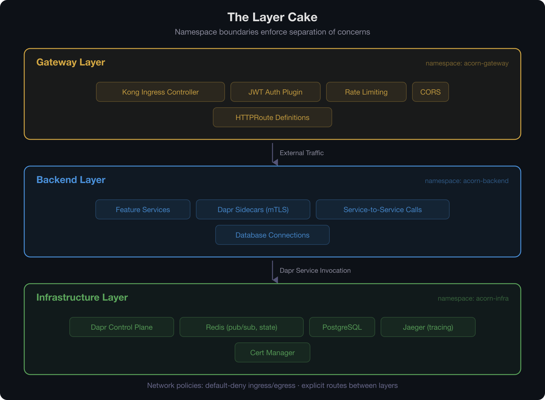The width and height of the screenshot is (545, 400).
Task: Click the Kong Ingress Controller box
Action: [x=160, y=92]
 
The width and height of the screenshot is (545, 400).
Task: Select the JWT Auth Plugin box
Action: [x=275, y=92]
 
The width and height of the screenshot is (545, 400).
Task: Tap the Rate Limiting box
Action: [x=366, y=92]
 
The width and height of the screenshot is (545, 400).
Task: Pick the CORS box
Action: [x=430, y=92]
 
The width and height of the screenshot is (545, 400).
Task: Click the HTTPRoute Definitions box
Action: [x=272, y=117]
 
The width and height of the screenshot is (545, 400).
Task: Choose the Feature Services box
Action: [x=143, y=209]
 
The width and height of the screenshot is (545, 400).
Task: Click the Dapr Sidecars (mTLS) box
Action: [x=253, y=209]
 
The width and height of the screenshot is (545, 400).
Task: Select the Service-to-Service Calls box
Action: [x=382, y=209]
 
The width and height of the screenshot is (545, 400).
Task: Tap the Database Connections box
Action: [x=272, y=235]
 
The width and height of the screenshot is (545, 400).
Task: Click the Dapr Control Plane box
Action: [x=121, y=327]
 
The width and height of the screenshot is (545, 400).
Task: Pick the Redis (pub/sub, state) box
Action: [x=241, y=327]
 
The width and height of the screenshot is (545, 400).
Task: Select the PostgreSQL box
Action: [x=342, y=327]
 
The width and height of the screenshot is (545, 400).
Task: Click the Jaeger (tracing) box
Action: [x=428, y=327]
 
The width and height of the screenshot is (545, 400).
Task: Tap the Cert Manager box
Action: [x=272, y=352]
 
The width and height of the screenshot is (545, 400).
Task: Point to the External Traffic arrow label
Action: [x=302, y=153]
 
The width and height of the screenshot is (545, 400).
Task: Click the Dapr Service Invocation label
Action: [x=315, y=271]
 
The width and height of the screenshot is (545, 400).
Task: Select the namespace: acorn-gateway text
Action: [x=467, y=63]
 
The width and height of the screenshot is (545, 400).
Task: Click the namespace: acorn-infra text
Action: [x=473, y=298]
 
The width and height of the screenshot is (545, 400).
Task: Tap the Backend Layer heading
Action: [x=71, y=180]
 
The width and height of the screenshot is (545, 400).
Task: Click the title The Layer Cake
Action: [x=272, y=17]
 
